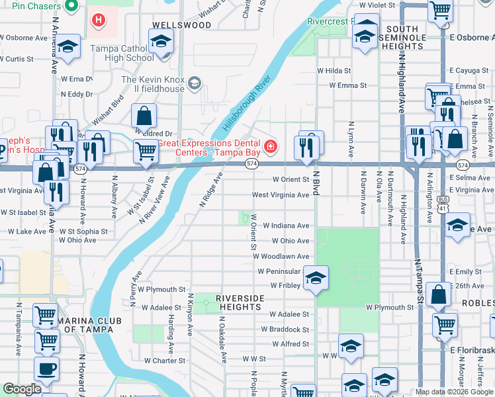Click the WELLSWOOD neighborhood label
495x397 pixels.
click(181, 25)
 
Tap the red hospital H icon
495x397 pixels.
click(99, 21)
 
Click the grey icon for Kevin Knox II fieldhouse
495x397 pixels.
click(195, 83)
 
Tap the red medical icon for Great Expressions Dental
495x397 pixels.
click(270, 146)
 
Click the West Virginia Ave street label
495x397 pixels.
click(280, 195)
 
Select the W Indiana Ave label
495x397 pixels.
click(285, 226)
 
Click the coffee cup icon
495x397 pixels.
click(46, 368)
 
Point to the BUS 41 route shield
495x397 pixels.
click(442, 209)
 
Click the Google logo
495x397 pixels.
click(22, 388)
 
